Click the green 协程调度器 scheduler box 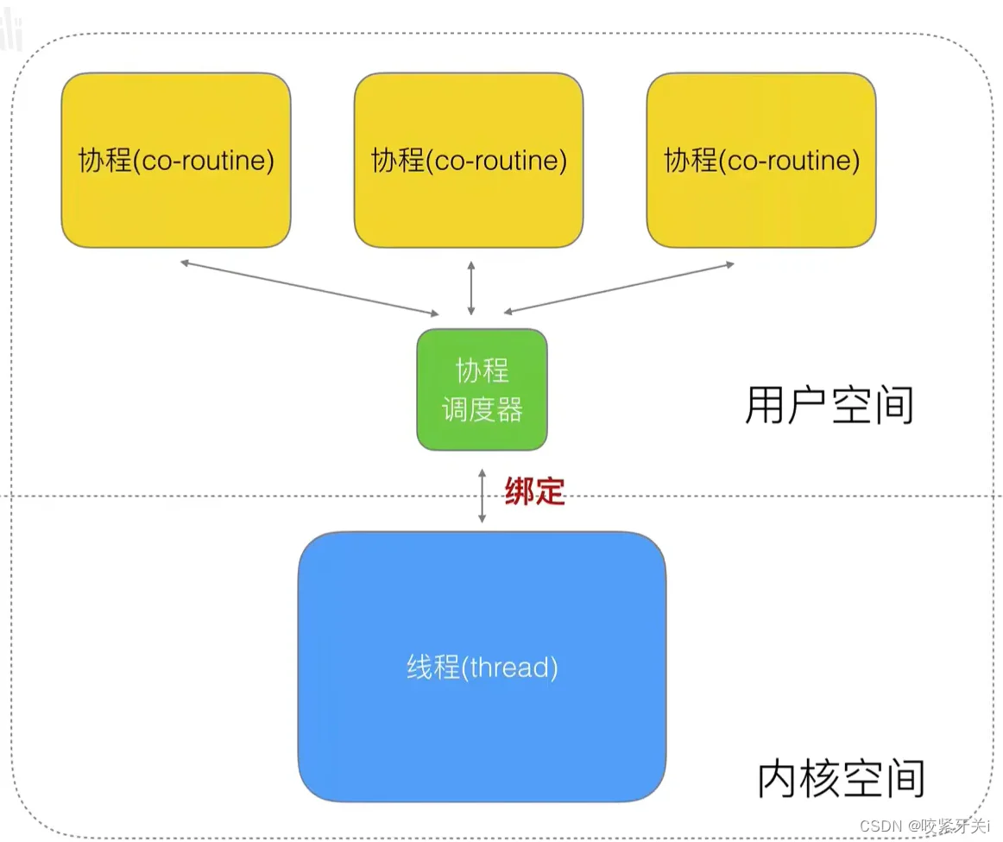(x=482, y=389)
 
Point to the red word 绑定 (x=534, y=491)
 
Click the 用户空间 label (x=828, y=406)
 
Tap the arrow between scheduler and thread (x=482, y=494)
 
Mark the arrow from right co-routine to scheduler (x=619, y=287)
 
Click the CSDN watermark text (x=924, y=825)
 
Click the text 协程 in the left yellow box (x=104, y=161)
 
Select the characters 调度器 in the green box (x=482, y=409)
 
